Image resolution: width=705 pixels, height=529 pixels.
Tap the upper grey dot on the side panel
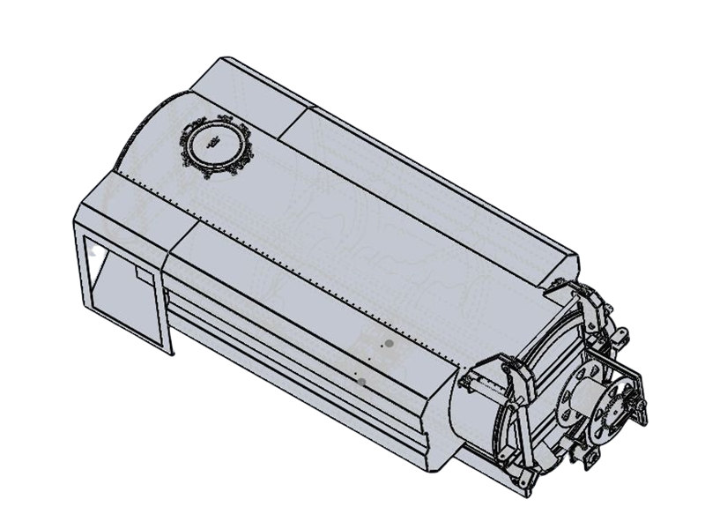click(x=388, y=342)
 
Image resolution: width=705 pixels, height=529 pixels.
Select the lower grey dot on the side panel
click(x=362, y=380)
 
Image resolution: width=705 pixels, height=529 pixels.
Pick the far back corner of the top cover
click(x=220, y=60)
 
